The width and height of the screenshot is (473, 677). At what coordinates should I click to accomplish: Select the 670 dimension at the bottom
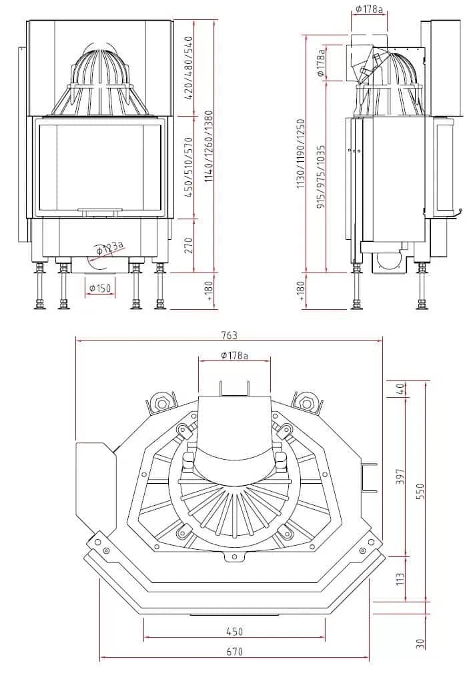[233, 651]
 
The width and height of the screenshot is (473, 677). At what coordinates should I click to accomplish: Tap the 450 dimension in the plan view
[233, 631]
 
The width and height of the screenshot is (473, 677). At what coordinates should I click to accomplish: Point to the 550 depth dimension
[420, 490]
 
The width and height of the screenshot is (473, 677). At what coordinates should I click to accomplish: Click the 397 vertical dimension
[400, 476]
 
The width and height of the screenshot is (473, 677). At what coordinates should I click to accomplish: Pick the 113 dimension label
[400, 578]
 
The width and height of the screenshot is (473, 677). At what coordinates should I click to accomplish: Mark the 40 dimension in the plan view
[400, 388]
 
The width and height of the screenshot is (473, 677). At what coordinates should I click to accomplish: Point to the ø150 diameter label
[100, 288]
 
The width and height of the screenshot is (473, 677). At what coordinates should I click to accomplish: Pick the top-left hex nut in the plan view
[161, 402]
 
